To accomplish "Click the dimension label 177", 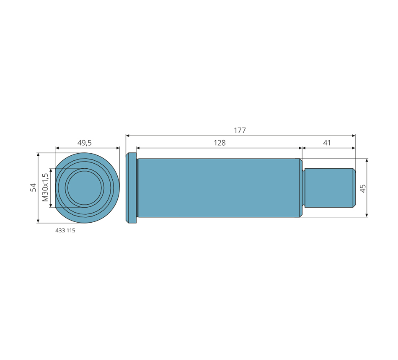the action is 240,131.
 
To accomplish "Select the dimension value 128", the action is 220,143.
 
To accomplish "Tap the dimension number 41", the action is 327,143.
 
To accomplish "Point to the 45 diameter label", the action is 363,188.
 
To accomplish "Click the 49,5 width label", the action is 84,143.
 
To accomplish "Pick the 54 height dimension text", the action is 33,188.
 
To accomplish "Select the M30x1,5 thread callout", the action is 45,188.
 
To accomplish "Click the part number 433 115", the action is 65,230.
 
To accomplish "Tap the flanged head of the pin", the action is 131,188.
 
